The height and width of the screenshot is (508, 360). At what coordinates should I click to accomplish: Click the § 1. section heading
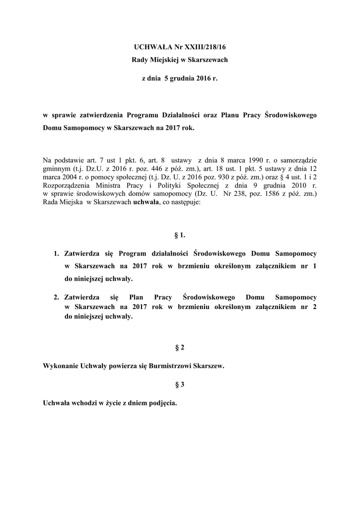(x=180, y=235)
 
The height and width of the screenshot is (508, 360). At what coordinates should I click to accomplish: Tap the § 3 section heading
(x=180, y=384)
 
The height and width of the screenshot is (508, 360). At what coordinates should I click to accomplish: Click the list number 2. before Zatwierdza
(x=57, y=297)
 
